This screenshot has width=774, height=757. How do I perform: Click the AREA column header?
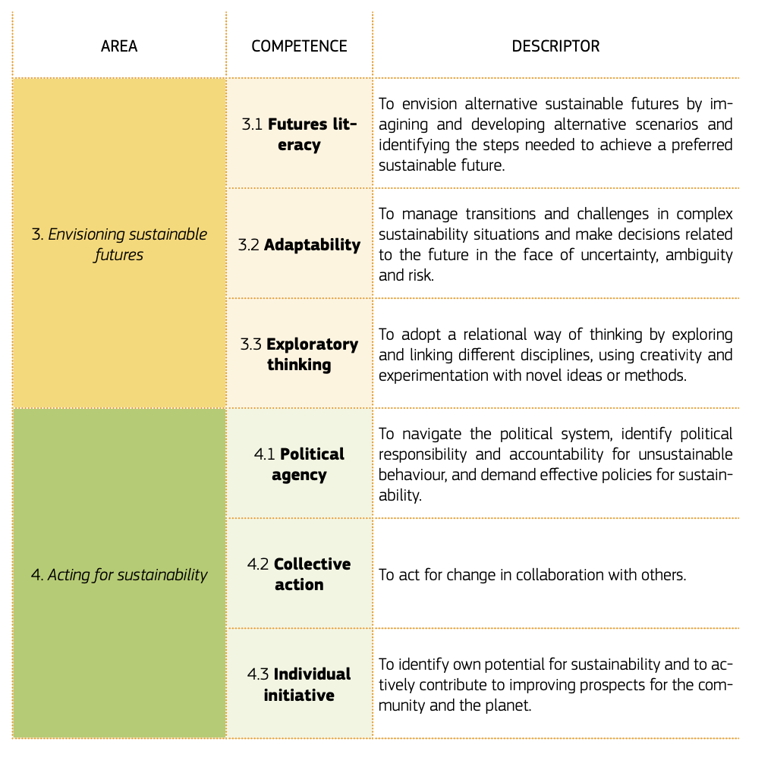point(119,46)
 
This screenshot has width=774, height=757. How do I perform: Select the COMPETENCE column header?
point(299,46)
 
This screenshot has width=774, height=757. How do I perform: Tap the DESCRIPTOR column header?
point(555,46)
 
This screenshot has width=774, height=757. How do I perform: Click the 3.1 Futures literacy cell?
point(299,134)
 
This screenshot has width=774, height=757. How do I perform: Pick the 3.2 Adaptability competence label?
point(299,245)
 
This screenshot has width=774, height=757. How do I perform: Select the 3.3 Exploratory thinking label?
point(299,354)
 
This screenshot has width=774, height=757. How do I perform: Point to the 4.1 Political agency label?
point(299,465)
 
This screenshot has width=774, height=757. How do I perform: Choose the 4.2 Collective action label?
point(299,574)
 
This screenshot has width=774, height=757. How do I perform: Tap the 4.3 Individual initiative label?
point(299,684)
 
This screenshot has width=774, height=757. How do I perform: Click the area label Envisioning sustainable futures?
point(119,244)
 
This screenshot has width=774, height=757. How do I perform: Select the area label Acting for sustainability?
point(119,575)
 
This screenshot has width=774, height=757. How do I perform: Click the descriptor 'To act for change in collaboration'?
point(532,575)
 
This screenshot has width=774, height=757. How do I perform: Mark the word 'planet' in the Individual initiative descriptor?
point(529,705)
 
